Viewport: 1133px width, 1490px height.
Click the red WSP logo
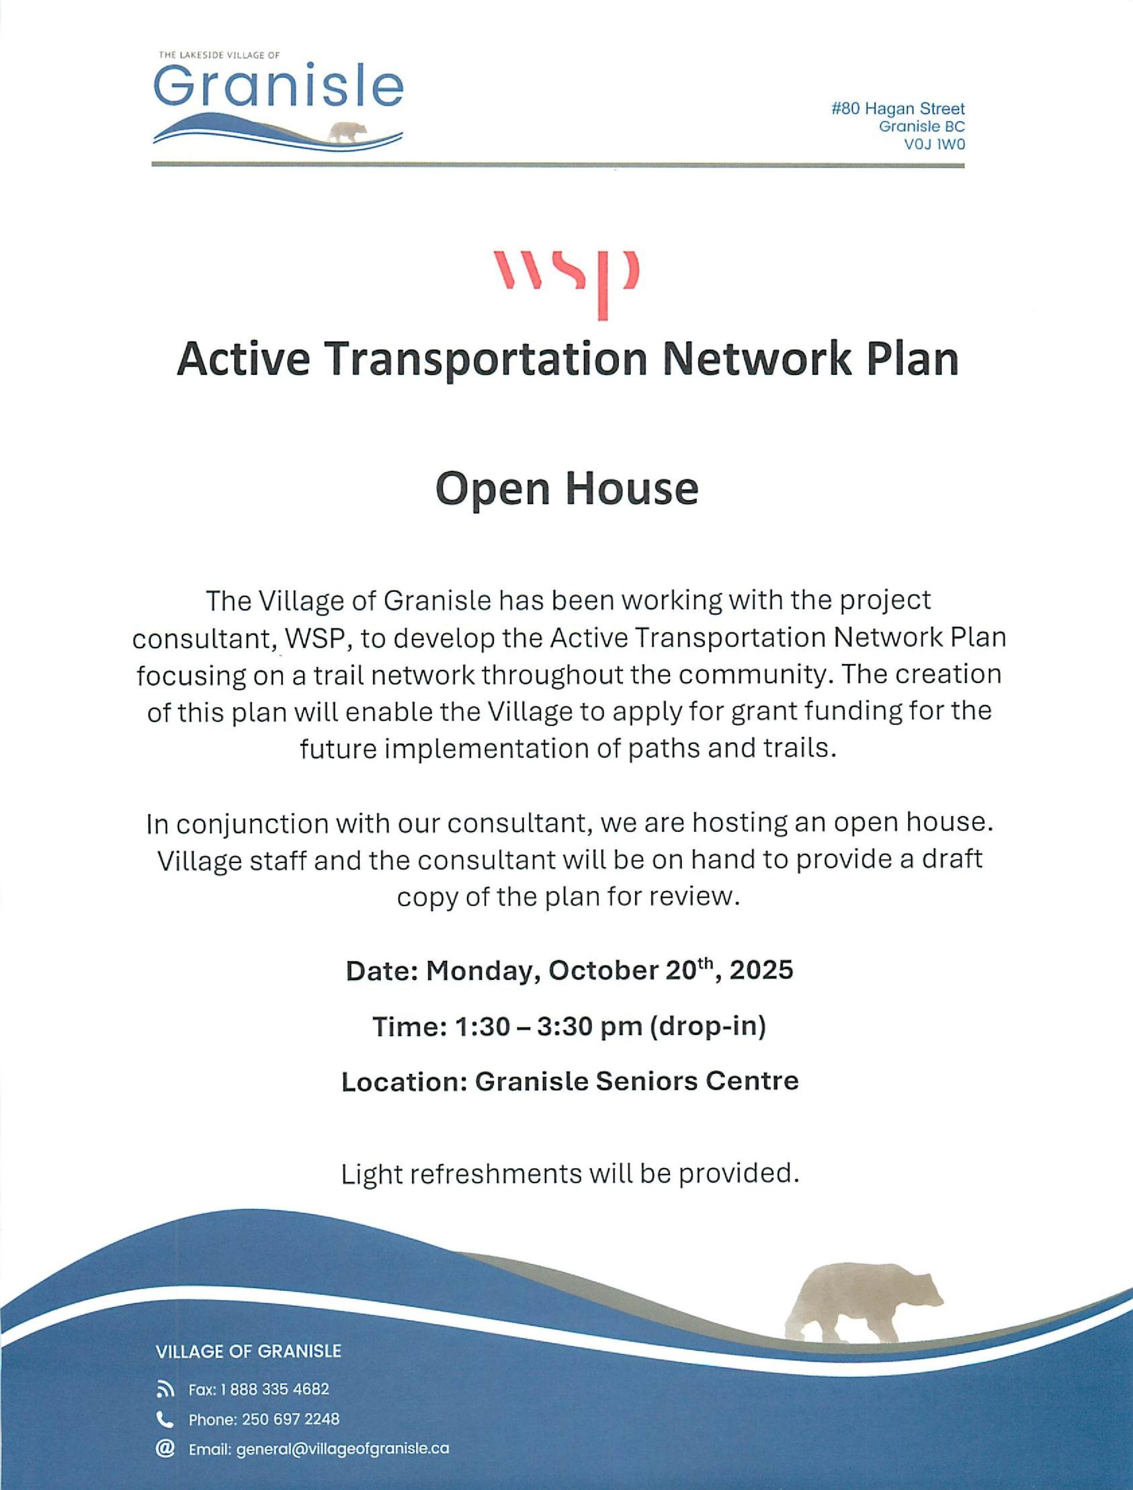coord(566,284)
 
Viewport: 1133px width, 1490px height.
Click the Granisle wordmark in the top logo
coord(278,87)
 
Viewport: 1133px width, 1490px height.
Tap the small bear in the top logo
coord(346,132)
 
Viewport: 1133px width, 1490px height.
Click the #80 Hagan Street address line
coord(898,108)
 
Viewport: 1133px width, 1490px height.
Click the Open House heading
coord(566,489)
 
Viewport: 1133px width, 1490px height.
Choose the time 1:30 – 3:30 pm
coord(548,1027)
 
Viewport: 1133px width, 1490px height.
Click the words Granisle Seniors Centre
coord(636,1081)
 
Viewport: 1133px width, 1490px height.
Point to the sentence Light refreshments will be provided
coord(570,1174)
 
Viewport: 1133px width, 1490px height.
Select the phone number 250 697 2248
coord(291,1419)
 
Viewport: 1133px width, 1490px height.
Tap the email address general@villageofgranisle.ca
coord(342,1449)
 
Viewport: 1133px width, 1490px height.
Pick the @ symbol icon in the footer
coord(165,1449)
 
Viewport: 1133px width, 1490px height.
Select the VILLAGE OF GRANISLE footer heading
coord(248,1351)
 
